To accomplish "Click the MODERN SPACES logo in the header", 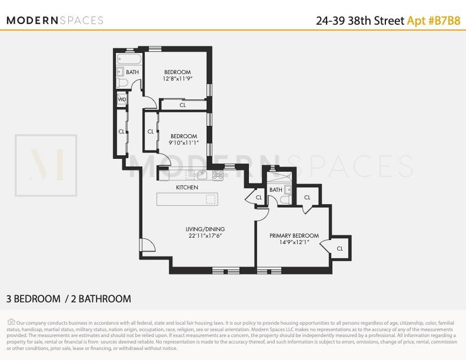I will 55,20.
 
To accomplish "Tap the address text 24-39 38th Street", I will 360,20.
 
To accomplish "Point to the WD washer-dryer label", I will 122,99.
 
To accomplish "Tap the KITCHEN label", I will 187,187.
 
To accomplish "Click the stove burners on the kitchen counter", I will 218,175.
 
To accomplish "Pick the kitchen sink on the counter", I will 202,174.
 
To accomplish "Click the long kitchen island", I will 187,199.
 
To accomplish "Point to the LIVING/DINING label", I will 205,229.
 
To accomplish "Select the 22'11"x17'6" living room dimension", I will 205,236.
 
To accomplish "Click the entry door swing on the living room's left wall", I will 146,246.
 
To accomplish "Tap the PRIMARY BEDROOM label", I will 294,235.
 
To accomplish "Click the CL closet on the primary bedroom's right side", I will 339,248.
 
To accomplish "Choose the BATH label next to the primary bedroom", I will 275,190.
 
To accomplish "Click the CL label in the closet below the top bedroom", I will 182,105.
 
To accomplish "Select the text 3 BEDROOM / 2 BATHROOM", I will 69,299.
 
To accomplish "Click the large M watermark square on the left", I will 46,166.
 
